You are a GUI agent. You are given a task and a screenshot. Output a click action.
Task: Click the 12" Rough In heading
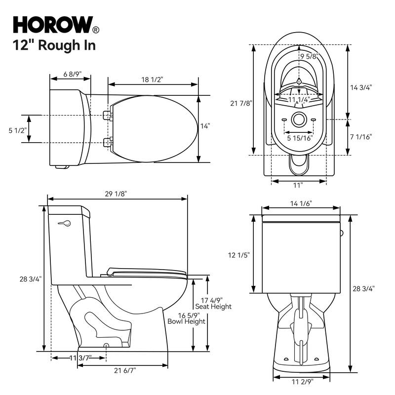click(54, 45)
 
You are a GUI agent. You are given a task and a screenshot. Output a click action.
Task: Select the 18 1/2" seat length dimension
click(153, 79)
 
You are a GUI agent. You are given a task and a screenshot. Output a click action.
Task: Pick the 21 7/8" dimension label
click(241, 103)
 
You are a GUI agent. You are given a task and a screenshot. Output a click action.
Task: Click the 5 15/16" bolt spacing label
click(300, 138)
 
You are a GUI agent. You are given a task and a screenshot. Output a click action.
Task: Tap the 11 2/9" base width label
click(301, 382)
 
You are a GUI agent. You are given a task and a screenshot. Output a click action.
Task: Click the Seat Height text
click(217, 307)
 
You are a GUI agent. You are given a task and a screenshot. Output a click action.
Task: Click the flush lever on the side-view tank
click(64, 224)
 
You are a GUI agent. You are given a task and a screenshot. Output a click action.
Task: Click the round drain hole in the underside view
click(299, 119)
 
